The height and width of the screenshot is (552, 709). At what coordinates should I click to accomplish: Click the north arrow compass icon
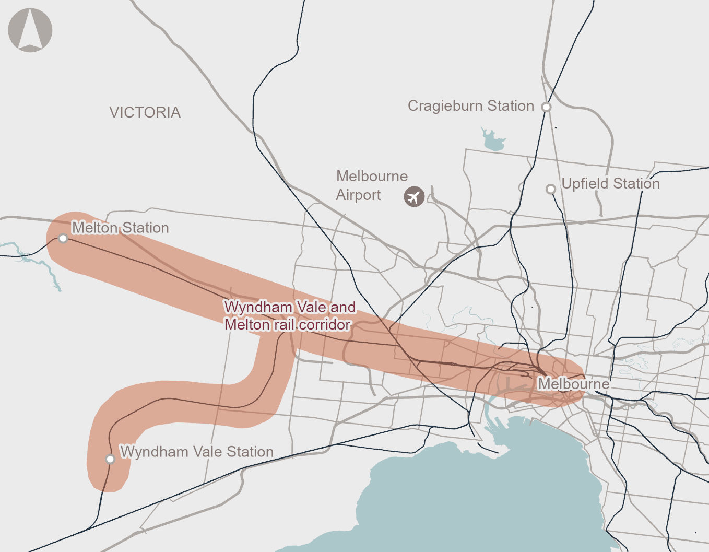30,30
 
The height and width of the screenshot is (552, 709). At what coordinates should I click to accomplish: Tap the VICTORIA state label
145,112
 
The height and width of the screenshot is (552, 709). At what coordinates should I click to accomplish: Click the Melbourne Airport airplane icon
414,197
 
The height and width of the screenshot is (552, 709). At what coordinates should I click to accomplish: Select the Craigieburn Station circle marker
546,107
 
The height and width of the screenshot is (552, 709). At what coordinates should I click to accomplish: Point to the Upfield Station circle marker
551,189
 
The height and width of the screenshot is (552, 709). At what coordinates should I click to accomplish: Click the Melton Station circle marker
63,239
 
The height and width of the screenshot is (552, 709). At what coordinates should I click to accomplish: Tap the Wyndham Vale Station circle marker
110,459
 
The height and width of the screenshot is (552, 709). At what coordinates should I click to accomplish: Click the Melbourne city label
573,384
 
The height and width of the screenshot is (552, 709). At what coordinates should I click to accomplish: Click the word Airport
358,195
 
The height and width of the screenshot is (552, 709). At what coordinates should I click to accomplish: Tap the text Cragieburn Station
470,106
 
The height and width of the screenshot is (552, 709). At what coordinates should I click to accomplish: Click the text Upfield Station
610,184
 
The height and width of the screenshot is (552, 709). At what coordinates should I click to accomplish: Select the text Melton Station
120,228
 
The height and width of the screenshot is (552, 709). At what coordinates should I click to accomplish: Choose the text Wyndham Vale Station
197,452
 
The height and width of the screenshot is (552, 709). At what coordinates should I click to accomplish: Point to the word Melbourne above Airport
372,176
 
